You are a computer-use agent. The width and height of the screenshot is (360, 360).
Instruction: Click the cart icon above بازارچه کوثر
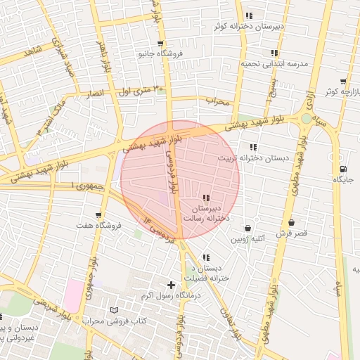coord(343,82)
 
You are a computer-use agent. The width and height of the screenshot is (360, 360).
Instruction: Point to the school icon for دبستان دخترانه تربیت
coord(252,147)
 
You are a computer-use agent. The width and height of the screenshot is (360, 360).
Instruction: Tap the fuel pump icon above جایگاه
coord(343,169)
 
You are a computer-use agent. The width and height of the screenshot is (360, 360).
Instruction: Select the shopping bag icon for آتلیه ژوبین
coord(247,228)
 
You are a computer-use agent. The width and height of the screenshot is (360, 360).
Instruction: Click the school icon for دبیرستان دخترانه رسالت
coord(205,198)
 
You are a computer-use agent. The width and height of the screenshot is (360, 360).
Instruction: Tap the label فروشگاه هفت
coord(99,226)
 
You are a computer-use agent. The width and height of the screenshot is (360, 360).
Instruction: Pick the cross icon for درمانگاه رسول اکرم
coord(171,284)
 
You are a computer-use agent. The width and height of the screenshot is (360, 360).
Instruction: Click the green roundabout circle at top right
coord(307,118)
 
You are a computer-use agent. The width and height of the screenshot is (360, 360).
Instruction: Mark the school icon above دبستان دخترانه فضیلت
coord(205,257)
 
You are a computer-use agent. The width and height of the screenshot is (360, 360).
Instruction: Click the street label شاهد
coord(32,51)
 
